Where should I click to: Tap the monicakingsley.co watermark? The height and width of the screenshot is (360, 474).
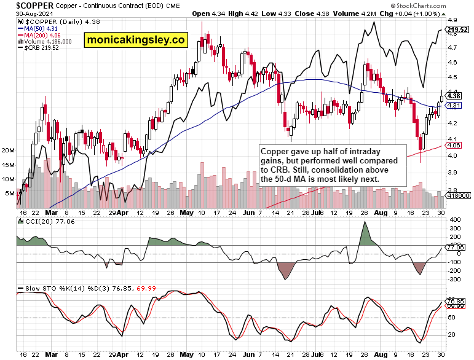point(135,41)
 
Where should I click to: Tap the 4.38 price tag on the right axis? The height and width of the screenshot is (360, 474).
point(454,96)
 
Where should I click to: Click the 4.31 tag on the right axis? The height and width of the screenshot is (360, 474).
point(454,106)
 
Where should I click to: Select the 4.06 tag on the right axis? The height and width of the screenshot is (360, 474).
point(454,146)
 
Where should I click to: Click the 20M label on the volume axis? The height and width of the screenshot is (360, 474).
point(9,150)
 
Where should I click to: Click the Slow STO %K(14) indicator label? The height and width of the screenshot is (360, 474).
point(49,288)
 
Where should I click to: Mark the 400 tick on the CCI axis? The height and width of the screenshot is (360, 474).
point(454,219)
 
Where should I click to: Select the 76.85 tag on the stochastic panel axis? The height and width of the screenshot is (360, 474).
point(455,301)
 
